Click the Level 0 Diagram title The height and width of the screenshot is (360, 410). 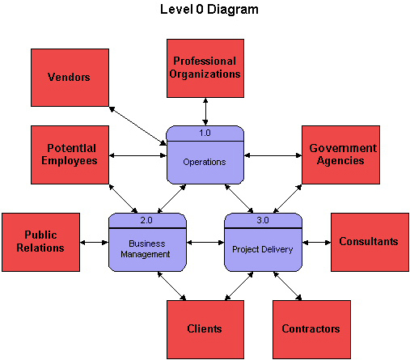[x=209, y=10]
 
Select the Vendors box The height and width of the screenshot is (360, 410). [x=70, y=78]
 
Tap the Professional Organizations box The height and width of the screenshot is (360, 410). [x=205, y=68]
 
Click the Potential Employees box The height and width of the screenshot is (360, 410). [x=70, y=155]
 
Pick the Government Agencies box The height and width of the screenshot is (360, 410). [x=340, y=155]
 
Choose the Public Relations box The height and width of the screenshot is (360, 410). [x=40, y=242]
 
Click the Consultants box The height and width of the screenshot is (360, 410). [x=370, y=242]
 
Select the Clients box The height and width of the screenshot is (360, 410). [x=205, y=329]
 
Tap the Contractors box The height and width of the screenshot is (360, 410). [x=311, y=329]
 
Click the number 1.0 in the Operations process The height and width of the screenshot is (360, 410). [x=205, y=133]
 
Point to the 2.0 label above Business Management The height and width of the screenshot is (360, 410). [x=146, y=220]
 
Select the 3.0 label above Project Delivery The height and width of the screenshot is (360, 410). [x=263, y=220]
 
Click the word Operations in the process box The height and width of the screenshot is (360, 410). [x=205, y=162]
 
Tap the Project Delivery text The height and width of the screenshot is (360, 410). [x=263, y=249]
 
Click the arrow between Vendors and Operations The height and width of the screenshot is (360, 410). [x=137, y=126]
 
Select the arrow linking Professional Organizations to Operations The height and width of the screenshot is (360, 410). [x=205, y=112]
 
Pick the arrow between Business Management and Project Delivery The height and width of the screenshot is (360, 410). [x=205, y=243]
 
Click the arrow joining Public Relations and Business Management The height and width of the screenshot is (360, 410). [x=94, y=243]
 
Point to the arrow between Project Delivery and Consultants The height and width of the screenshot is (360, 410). [x=316, y=243]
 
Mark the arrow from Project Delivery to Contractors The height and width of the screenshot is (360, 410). [x=287, y=286]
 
